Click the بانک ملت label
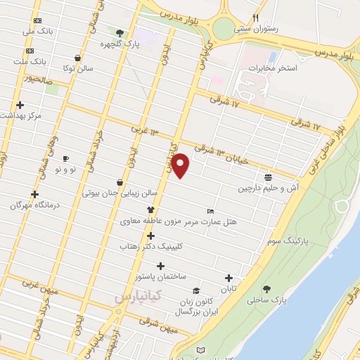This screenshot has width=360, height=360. [x=32, y=61]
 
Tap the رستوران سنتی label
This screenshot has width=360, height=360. [x=257, y=29]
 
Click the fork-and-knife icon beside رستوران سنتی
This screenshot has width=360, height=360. [x=257, y=18]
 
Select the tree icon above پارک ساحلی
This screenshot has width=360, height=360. [x=266, y=289]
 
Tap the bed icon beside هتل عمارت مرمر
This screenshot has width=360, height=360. [x=210, y=212]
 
